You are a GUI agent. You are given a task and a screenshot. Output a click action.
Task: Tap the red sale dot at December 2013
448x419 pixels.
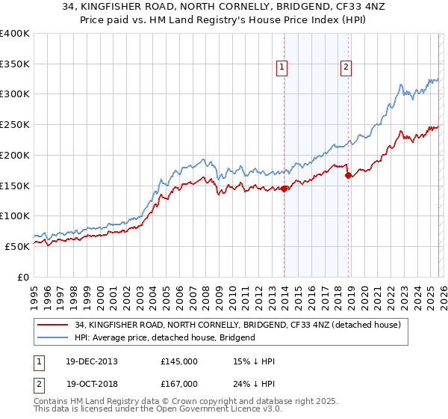[x=284, y=189]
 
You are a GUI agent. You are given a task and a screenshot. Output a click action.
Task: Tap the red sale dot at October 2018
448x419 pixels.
[x=348, y=175]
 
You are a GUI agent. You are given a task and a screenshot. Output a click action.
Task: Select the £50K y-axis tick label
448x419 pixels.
[x=17, y=246]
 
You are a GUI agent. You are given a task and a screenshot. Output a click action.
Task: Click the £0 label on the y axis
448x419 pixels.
[x=22, y=277]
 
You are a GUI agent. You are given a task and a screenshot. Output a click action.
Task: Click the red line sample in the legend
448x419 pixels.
[x=54, y=325]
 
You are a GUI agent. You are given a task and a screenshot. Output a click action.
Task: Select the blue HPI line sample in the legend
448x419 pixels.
[x=54, y=337]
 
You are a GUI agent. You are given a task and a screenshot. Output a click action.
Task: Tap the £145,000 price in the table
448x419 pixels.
[x=178, y=361]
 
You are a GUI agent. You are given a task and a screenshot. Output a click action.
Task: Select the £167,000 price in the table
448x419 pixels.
[x=178, y=383]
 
